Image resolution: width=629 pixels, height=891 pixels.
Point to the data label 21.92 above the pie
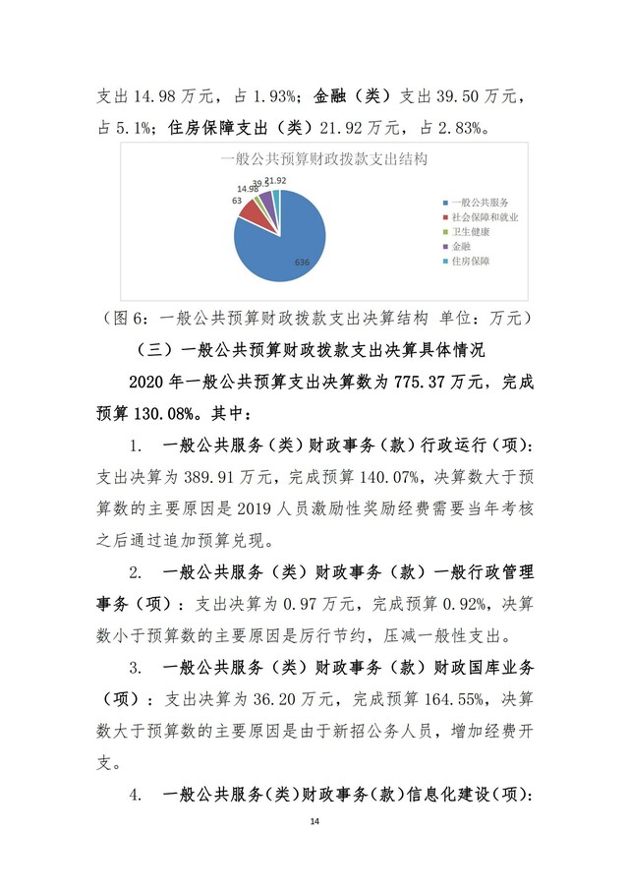coord(275,181)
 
